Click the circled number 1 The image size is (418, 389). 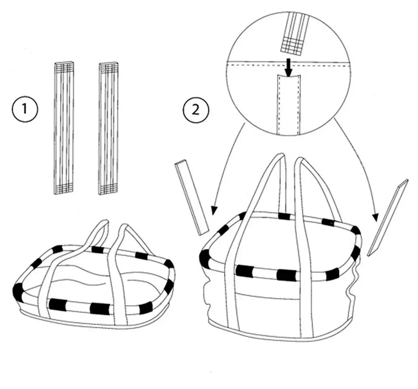tap(25, 109)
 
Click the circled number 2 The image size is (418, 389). tap(196, 110)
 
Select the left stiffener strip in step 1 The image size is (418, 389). tap(64, 128)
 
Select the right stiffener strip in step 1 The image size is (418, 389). tap(109, 128)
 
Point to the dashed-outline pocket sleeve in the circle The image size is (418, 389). tap(289, 104)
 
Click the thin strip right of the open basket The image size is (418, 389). tap(388, 217)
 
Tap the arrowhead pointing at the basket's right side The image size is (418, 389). tap(376, 217)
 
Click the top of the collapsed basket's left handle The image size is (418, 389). tap(104, 222)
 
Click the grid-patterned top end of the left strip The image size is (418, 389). tap(64, 66)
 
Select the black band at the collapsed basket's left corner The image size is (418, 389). tap(18, 291)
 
